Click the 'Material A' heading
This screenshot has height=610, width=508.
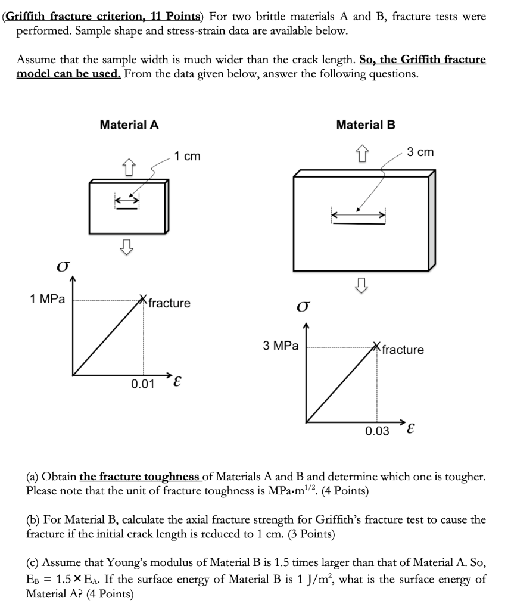pos(129,125)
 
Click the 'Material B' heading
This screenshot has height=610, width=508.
pos(366,125)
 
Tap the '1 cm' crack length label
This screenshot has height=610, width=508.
pos(188,156)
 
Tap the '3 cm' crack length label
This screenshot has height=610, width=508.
pos(420,152)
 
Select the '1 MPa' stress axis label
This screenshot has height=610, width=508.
pos(47,299)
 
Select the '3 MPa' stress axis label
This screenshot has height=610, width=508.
pos(281,346)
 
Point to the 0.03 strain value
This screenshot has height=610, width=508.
pos(376,430)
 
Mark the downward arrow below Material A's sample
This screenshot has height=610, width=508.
pos(126,245)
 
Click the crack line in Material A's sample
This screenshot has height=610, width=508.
pos(127,208)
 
